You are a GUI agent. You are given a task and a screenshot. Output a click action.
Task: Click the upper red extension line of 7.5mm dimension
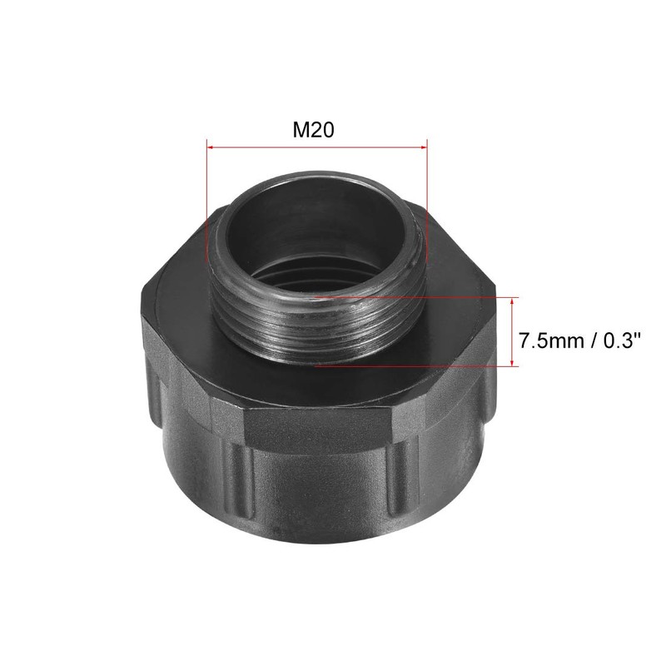pos(416,296)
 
